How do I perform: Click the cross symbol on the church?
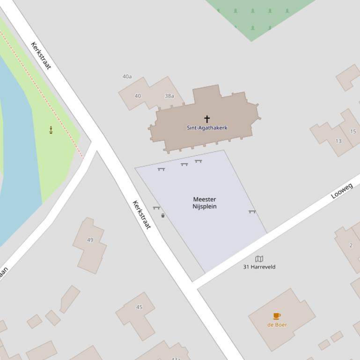[x=206, y=119]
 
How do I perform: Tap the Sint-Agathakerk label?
[x=207, y=128]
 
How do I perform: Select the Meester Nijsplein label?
[x=205, y=203]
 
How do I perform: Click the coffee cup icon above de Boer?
[x=277, y=316]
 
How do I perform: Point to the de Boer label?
[x=277, y=324]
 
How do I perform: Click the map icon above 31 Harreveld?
[x=259, y=259]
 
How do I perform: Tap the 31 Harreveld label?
[x=259, y=267]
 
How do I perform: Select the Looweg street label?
[x=342, y=191]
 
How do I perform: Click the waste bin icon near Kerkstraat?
[x=163, y=216]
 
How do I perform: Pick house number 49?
[x=90, y=240]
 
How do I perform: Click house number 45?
[x=139, y=307]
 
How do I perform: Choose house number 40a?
[x=127, y=76]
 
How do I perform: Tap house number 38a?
[x=169, y=96]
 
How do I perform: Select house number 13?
[x=338, y=141]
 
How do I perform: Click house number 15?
[x=353, y=131]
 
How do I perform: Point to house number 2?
[x=351, y=245]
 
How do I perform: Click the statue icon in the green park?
[x=51, y=130]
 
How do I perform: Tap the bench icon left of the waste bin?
[x=156, y=208]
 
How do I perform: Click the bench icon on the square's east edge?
[x=252, y=212]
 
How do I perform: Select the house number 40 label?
[x=138, y=96]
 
